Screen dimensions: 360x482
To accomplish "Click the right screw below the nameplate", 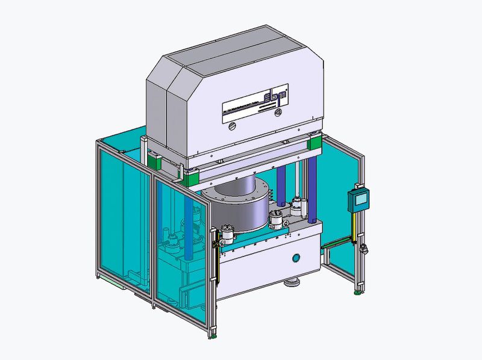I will coord(278,112).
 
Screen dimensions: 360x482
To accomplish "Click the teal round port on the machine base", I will coord(296,258).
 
